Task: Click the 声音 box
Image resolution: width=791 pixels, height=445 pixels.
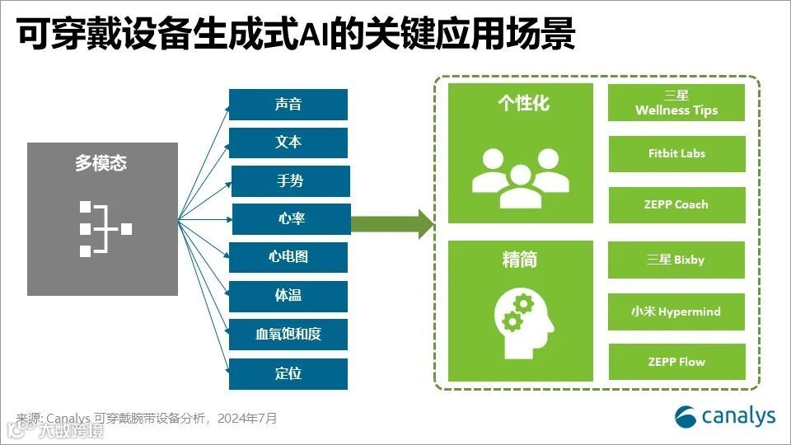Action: [x=288, y=105]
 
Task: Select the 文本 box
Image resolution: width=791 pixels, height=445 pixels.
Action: [x=288, y=143]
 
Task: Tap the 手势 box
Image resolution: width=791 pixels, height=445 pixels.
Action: [x=290, y=181]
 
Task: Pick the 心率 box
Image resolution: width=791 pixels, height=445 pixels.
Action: [x=291, y=219]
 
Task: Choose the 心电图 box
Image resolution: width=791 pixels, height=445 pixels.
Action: [x=288, y=257]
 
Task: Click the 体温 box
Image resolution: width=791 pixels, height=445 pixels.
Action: [x=288, y=296]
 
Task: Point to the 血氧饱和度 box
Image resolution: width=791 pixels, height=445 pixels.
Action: [x=288, y=335]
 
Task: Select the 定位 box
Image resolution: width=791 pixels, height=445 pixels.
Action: [x=288, y=373]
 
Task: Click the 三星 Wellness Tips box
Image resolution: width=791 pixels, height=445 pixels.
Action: [x=676, y=103]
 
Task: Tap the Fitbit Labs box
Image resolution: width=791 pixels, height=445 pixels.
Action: [x=676, y=153]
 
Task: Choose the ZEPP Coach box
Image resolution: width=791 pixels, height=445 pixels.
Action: [x=676, y=204]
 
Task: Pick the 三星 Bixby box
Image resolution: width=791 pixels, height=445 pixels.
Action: [x=676, y=260]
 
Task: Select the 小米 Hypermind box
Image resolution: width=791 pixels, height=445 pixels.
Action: [x=676, y=311]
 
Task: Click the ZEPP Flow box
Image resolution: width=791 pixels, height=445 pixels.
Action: [x=676, y=362]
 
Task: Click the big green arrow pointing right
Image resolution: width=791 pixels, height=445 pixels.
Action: [x=392, y=222]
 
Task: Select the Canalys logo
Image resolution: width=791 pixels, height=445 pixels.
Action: [x=725, y=416]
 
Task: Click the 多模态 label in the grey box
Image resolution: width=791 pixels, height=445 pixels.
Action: [x=101, y=163]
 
